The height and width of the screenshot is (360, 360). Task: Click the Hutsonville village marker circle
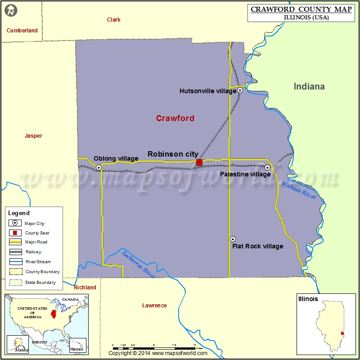(x=240, y=90)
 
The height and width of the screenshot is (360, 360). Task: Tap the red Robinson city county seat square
(x=199, y=162)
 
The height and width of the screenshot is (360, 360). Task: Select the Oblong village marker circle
(x=99, y=167)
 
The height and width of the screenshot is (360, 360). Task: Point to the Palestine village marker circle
(x=267, y=167)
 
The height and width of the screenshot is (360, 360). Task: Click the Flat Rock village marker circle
(x=233, y=239)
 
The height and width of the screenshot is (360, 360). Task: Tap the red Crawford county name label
(x=175, y=118)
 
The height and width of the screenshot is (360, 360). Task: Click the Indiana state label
(x=309, y=86)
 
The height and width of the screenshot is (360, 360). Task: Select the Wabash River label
(x=299, y=190)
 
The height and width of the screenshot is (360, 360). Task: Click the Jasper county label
(x=33, y=135)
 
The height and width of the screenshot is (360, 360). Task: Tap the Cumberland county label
(x=22, y=30)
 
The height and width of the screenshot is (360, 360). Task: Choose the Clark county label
(x=113, y=19)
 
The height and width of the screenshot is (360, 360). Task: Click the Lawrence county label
(x=154, y=305)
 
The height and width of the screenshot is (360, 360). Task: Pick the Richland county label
(x=85, y=287)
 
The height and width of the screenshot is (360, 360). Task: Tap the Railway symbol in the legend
(x=15, y=252)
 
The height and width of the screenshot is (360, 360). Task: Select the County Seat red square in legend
(x=15, y=233)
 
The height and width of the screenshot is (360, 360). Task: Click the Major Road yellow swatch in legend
(x=15, y=242)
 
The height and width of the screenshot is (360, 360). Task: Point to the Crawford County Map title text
(x=301, y=9)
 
